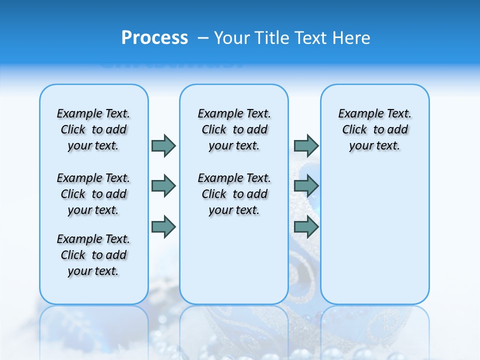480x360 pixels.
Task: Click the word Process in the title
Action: point(154,38)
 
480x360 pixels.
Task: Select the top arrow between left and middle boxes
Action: point(163,145)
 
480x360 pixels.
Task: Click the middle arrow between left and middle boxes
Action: point(163,186)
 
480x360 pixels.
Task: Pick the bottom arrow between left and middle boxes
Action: point(163,227)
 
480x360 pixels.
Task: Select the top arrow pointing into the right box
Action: point(306,145)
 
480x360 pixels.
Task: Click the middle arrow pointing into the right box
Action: point(306,186)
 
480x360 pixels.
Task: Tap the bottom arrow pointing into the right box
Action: point(306,227)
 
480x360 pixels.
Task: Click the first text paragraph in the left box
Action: point(93,129)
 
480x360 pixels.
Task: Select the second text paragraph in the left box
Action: point(93,194)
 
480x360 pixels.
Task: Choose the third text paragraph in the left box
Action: point(93,255)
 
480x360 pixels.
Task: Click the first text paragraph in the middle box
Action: point(234,129)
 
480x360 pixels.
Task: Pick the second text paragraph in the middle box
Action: point(234,194)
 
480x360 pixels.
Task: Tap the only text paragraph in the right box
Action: point(374,129)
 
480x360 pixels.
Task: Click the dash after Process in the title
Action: point(203,38)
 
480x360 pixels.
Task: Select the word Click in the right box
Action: point(354,129)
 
